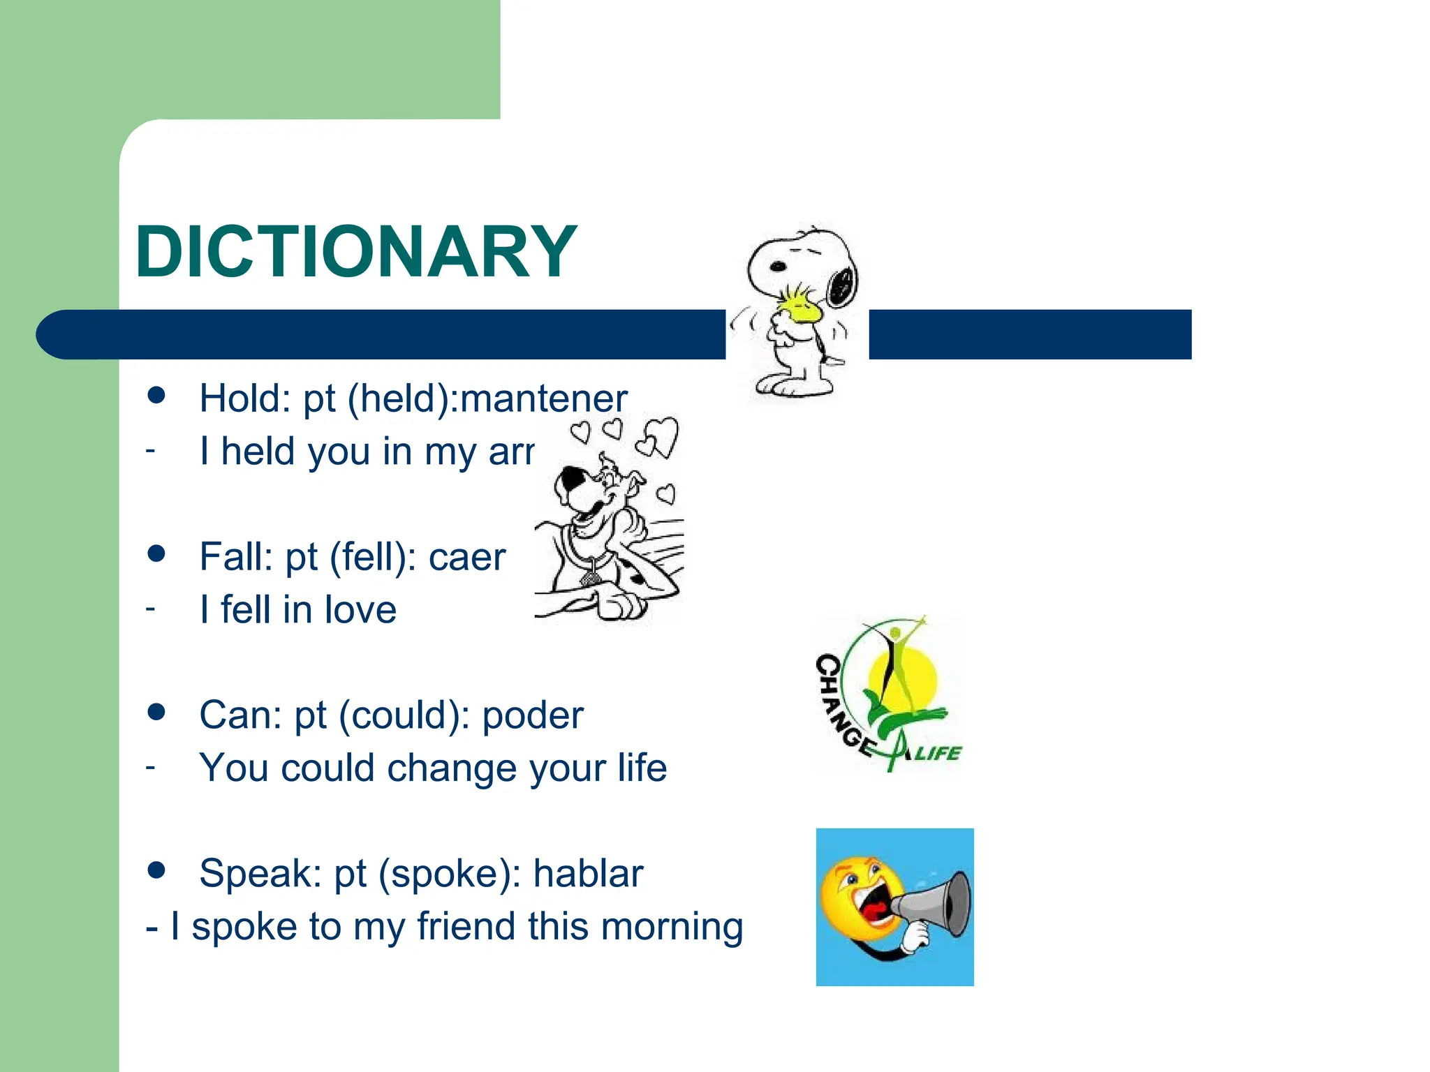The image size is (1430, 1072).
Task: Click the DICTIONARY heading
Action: coord(356,252)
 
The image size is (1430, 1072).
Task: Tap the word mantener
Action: coord(544,399)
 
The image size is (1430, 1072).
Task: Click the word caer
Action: coord(466,557)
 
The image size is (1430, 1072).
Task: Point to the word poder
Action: coord(532,715)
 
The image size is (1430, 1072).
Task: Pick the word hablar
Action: coord(588,873)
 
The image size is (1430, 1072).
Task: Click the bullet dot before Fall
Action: coord(157,554)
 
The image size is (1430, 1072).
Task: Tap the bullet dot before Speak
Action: coord(157,870)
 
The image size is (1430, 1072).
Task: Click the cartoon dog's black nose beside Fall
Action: coord(572,480)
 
